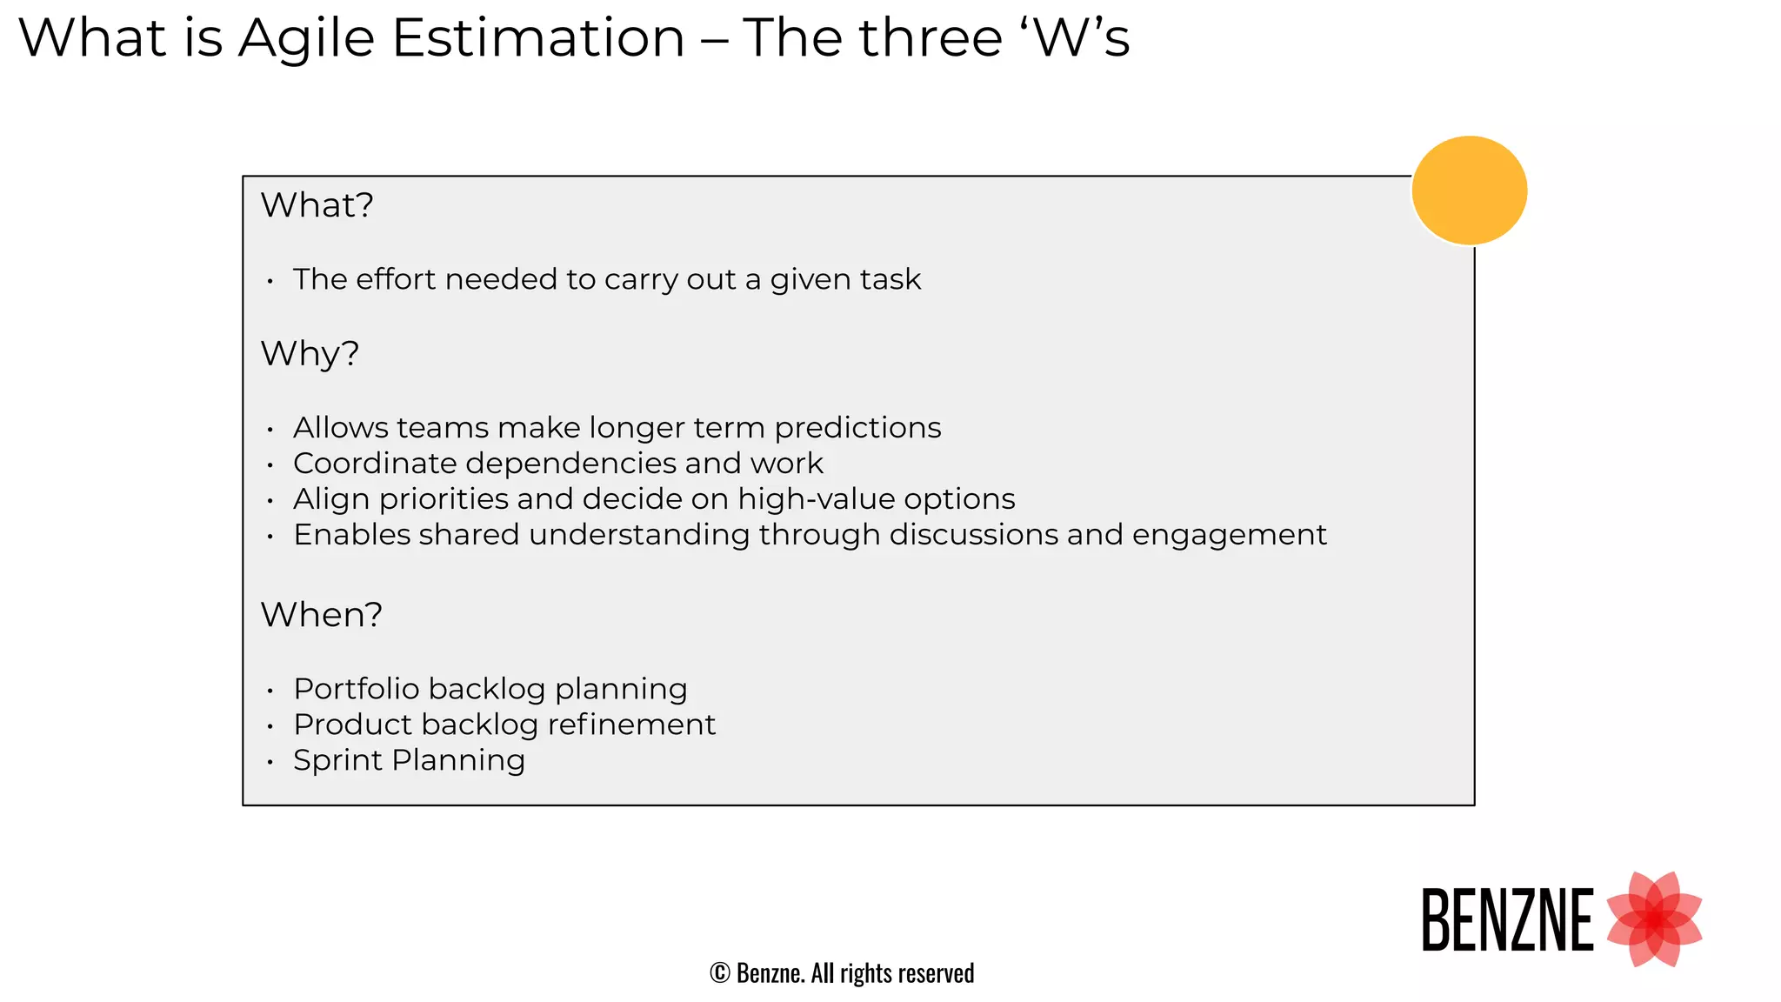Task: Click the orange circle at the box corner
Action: [x=1469, y=190]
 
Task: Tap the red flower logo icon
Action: [x=1653, y=918]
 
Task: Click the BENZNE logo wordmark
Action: [x=1507, y=920]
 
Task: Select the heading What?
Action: [x=317, y=205]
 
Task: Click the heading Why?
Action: [x=310, y=354]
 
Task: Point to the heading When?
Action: [x=321, y=615]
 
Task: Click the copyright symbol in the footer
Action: [x=719, y=973]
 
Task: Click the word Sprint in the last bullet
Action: [x=337, y=761]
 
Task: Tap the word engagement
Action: [x=1229, y=535]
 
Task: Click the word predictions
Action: [x=857, y=428]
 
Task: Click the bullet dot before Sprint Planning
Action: [x=270, y=762]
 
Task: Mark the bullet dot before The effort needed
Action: [x=270, y=281]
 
